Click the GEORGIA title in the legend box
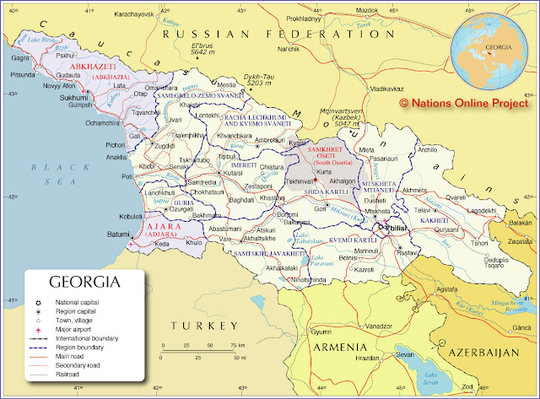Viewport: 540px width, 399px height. [x=84, y=281]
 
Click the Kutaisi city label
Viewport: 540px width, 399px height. [x=210, y=173]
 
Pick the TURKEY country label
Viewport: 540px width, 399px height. [x=202, y=326]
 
